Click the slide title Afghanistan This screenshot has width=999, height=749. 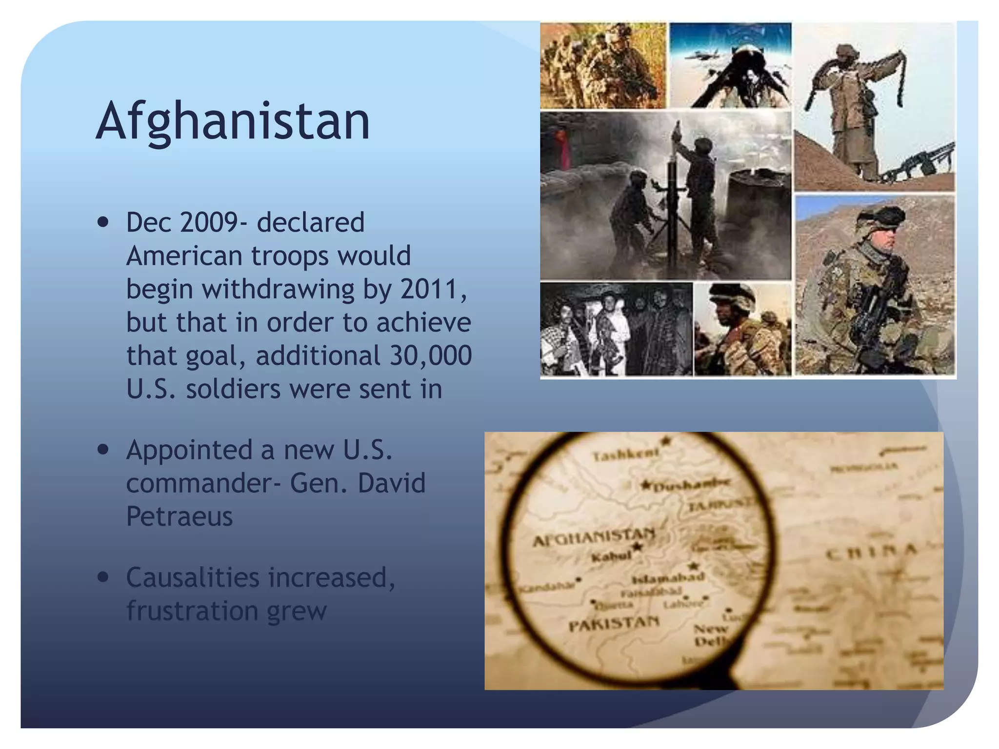click(233, 120)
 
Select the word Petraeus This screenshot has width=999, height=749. click(180, 516)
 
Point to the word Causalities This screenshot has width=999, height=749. click(193, 577)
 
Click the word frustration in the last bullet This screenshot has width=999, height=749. click(192, 611)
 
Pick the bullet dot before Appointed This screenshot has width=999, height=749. click(103, 450)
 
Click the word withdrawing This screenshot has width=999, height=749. click(278, 289)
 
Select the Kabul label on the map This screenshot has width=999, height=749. click(611, 556)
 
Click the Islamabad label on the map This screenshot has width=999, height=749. click(668, 579)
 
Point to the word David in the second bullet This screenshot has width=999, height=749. click(392, 483)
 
